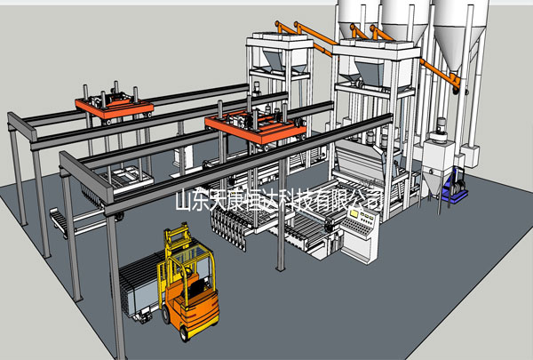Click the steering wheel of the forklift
click(x=187, y=272)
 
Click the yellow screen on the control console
click(x=354, y=213)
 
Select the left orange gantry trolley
click(x=114, y=106)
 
